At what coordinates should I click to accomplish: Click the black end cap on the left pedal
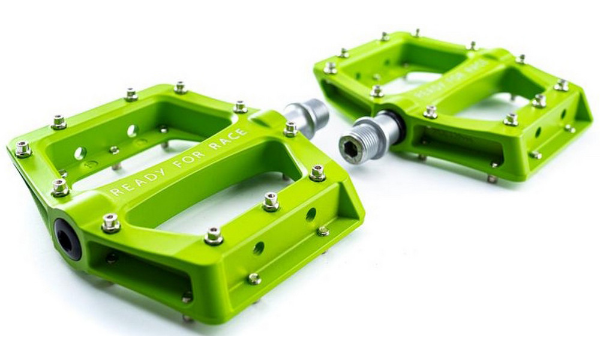(x=68, y=238)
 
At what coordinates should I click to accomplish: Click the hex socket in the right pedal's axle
(x=350, y=148)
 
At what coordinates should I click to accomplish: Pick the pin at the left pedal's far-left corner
(x=23, y=149)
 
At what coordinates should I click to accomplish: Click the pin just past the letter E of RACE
(x=291, y=128)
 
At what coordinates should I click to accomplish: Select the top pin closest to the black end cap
(x=110, y=223)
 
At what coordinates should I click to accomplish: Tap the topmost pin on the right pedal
(x=416, y=32)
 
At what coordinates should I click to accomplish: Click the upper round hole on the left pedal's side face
(x=311, y=214)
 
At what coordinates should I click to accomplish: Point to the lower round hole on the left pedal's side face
(x=258, y=248)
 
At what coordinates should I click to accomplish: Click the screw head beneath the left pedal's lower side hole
(x=254, y=278)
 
